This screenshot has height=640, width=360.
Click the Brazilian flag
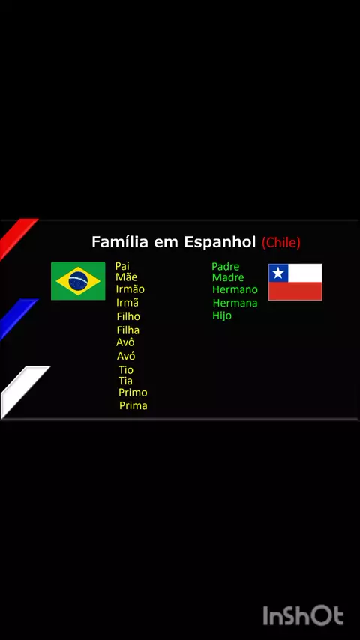(x=78, y=281)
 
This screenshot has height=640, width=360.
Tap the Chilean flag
(x=295, y=282)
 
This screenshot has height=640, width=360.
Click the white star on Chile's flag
(x=278, y=273)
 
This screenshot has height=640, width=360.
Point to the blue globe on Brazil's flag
(x=78, y=281)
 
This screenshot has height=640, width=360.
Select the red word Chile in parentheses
(x=281, y=243)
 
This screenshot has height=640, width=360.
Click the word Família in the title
(x=120, y=241)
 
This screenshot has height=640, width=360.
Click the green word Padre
(x=226, y=267)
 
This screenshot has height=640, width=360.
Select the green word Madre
(x=228, y=277)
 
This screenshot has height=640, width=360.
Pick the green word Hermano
(x=235, y=289)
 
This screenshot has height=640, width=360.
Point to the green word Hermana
(x=235, y=303)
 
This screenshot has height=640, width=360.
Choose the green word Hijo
(x=222, y=316)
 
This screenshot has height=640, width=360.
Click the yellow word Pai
(x=122, y=267)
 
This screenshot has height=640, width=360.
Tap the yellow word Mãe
(x=126, y=277)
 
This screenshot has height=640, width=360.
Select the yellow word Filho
(x=128, y=316)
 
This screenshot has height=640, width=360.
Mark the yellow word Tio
(x=126, y=370)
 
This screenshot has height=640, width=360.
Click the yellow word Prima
(x=133, y=405)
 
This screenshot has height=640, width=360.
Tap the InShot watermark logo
(x=303, y=615)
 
